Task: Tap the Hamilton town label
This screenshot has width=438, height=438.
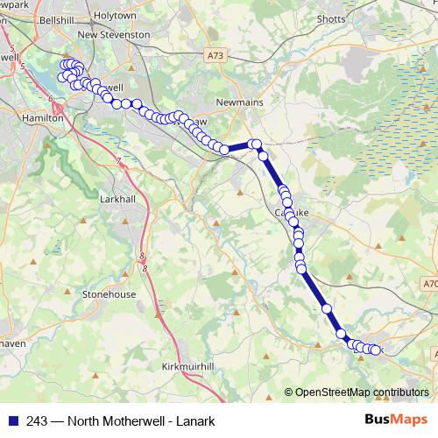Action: (43, 117)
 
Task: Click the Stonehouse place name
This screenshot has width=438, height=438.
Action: (109, 294)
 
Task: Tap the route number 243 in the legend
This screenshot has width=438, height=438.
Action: (37, 420)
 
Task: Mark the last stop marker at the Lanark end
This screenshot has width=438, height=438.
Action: (378, 350)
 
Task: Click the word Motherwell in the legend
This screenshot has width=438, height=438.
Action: (132, 420)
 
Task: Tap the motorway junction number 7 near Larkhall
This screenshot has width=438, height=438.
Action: (118, 160)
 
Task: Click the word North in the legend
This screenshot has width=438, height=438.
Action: (84, 420)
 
